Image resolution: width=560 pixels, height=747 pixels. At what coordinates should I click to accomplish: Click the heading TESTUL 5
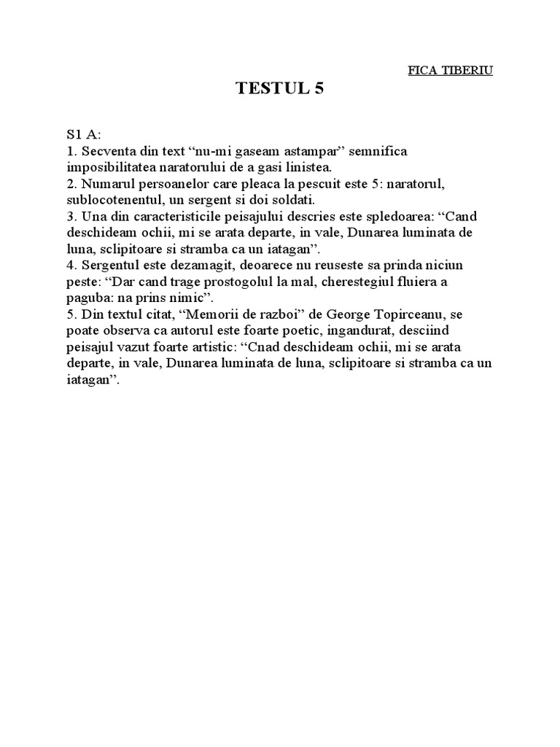point(279,89)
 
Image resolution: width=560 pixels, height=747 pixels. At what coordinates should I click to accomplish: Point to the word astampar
point(311,151)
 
